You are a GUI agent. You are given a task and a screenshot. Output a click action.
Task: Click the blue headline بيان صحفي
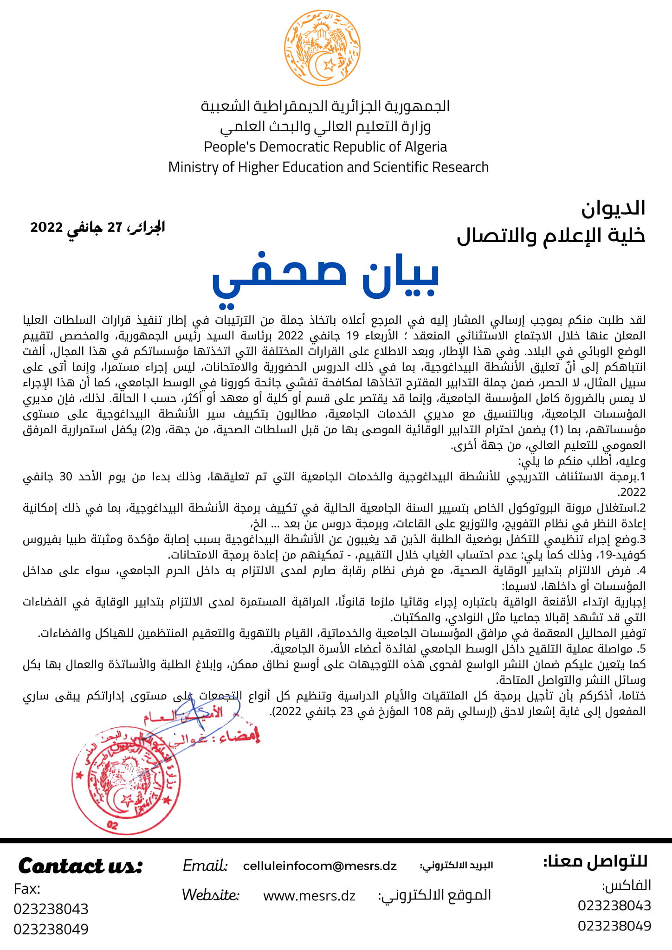[325, 277]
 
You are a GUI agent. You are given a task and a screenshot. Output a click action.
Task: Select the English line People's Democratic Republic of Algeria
[325, 147]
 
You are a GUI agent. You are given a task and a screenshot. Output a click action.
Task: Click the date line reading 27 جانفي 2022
[98, 227]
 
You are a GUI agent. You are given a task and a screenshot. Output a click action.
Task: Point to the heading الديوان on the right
[613, 209]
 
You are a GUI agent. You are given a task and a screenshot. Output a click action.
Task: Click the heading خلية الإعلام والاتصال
[551, 236]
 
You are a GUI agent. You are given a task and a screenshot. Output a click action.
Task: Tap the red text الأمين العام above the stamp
[184, 717]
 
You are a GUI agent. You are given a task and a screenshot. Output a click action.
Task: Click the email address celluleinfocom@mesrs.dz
[320, 866]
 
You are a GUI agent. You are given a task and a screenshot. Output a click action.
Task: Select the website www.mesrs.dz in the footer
[309, 896]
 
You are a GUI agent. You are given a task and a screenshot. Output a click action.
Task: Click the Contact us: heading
[80, 866]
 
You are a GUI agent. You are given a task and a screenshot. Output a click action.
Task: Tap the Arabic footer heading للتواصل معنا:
[595, 861]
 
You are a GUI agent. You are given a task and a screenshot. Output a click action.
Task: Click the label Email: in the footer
[205, 866]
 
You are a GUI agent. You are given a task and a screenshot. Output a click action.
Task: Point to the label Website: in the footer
[210, 895]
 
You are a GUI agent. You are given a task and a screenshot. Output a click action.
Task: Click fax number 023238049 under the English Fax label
[51, 929]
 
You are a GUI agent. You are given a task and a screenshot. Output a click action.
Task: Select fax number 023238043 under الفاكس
[614, 905]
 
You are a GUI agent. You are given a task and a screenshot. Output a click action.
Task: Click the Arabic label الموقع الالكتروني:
[434, 895]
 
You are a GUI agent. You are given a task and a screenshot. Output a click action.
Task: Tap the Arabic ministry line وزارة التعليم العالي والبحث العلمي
[325, 127]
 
